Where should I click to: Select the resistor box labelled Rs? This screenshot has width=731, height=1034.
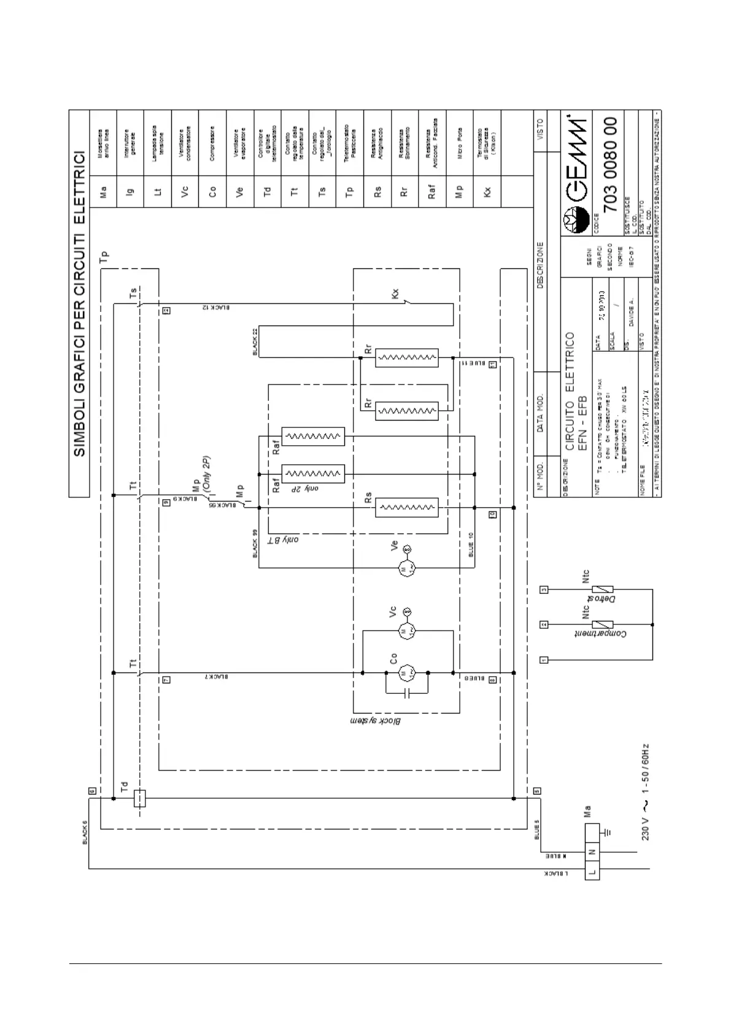[x=407, y=508]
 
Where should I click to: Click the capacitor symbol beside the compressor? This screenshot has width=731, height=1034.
[x=406, y=693]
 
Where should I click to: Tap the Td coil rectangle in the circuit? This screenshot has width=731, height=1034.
[x=139, y=798]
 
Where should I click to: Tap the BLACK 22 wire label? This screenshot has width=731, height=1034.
[x=255, y=342]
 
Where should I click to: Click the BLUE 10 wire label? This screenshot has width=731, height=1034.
[x=471, y=545]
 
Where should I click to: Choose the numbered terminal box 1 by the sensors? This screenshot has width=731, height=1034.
[x=544, y=660]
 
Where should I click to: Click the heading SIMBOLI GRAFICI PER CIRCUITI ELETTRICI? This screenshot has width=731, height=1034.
[x=79, y=303]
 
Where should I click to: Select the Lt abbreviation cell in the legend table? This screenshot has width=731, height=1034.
[x=158, y=192]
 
